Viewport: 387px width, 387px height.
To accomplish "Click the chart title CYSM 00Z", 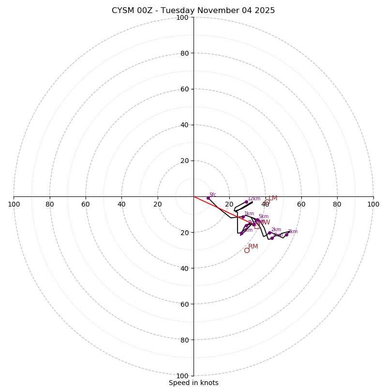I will (193, 11).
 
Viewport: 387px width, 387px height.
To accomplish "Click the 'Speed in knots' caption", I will (193, 383).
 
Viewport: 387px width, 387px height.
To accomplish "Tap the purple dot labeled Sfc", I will (208, 198).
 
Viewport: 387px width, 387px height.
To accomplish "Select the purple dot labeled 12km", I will (246, 202).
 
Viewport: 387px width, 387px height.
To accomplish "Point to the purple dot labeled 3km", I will (286, 235).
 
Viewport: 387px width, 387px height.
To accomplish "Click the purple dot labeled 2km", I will (269, 233).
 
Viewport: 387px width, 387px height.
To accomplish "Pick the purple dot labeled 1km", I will (243, 217).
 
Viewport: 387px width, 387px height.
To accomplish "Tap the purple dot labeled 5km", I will (257, 220).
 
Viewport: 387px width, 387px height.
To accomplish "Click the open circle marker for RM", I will (247, 250).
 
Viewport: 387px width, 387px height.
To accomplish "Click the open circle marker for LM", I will (267, 202).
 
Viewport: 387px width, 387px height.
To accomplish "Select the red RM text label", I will (253, 247).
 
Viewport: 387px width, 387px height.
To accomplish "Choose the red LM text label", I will (273, 198).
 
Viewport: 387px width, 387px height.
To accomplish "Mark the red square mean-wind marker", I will (257, 225).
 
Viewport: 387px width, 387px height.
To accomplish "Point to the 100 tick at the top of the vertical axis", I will (182, 17).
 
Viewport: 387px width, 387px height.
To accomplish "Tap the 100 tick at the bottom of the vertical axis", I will (182, 376).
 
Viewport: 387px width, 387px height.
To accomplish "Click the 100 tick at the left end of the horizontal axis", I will (14, 204).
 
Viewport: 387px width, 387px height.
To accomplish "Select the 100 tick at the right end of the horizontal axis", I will (373, 204).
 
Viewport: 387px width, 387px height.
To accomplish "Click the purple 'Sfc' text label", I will (212, 194).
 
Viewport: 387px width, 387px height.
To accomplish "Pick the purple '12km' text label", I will (254, 198).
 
